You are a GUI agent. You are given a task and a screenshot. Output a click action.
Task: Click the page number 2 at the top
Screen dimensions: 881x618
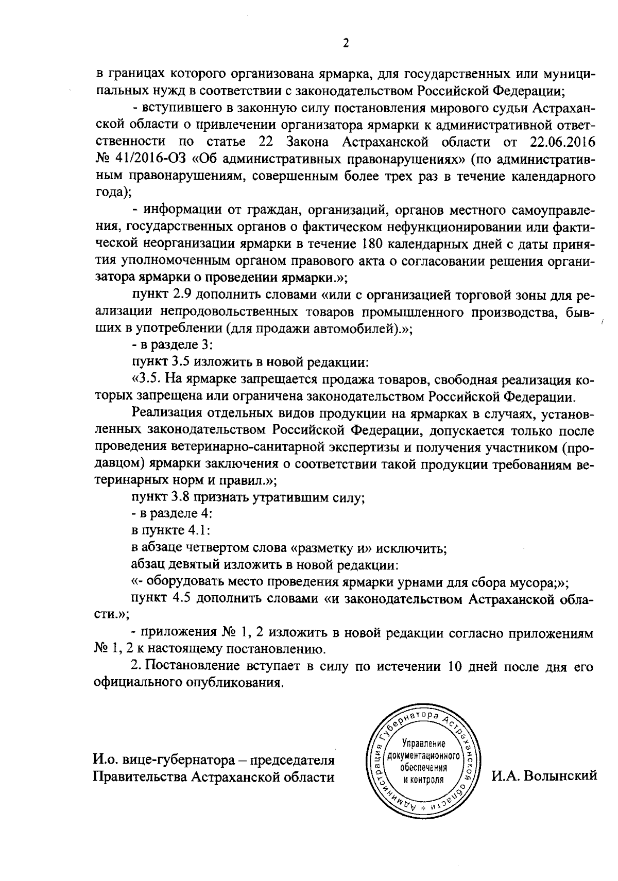click(x=346, y=44)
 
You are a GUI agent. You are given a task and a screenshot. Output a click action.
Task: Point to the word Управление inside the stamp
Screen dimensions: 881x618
click(x=424, y=744)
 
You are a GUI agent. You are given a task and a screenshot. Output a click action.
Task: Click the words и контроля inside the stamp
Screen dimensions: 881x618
click(x=423, y=780)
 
